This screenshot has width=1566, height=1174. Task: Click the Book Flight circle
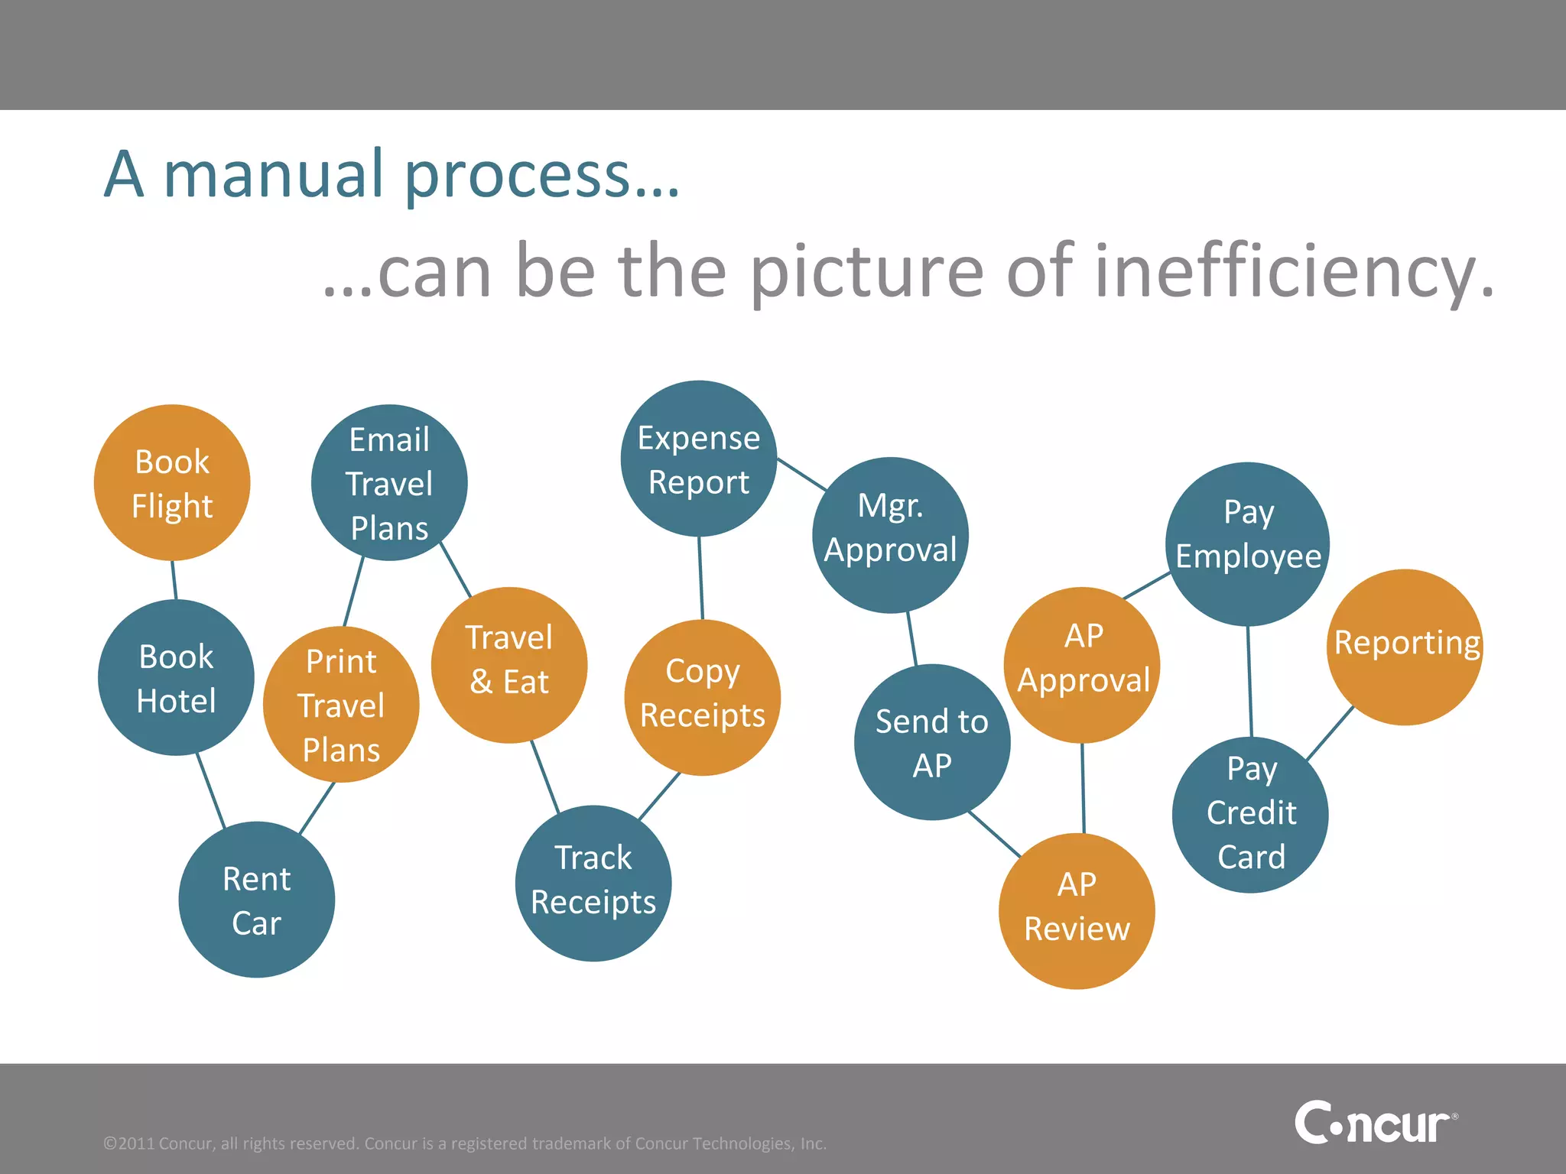coord(172,483)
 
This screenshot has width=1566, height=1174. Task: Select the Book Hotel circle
coord(176,678)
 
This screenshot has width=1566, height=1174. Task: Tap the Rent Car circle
coord(257,900)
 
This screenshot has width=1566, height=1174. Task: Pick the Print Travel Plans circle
coord(341,705)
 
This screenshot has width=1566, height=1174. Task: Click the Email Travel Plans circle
coord(389,483)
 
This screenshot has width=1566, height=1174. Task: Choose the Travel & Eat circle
coord(509,665)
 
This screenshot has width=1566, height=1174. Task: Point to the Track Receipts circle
coord(593,883)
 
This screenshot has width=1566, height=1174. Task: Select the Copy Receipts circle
coord(703,697)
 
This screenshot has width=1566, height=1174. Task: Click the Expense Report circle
coord(699,459)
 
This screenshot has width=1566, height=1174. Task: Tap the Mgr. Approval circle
coord(891,535)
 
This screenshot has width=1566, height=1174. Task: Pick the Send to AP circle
coord(932,742)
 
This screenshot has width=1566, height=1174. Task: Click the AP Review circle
coord(1077,911)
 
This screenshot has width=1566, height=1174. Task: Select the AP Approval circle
coord(1082,665)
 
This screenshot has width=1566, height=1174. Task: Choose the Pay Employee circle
coord(1248,544)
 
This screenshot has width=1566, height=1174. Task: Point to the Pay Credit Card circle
coord(1250,815)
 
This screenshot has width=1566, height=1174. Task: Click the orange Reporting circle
coord(1405,647)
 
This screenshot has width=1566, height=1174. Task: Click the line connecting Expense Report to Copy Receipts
coord(700,579)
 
